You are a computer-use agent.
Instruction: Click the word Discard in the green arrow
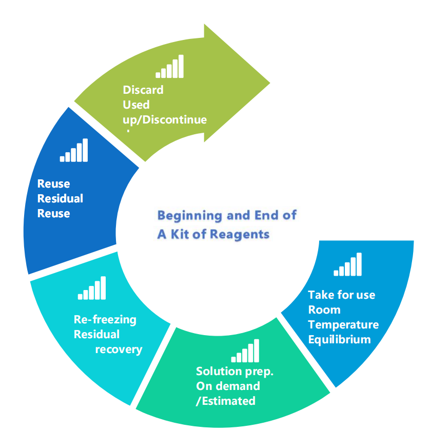pyautogui.click(x=143, y=90)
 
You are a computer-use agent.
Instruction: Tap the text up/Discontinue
pyautogui.click(x=165, y=120)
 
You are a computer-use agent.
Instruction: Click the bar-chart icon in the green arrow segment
pyautogui.click(x=169, y=67)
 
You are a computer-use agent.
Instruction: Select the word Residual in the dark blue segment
pyautogui.click(x=60, y=198)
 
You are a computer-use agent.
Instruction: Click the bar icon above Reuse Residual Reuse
pyautogui.click(x=74, y=150)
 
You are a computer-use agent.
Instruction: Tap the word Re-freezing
pyautogui.click(x=105, y=320)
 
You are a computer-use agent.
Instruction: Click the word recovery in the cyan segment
pyautogui.click(x=119, y=349)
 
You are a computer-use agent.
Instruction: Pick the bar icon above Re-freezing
pyautogui.click(x=92, y=288)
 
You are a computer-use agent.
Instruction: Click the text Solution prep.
pyautogui.click(x=234, y=372)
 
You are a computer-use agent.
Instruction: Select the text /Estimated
pyautogui.click(x=225, y=401)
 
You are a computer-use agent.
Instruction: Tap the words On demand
pyautogui.click(x=228, y=386)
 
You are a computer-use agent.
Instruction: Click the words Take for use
pyautogui.click(x=341, y=295)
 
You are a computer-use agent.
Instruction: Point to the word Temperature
pyautogui.click(x=343, y=324)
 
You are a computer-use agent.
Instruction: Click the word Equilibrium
pyautogui.click(x=339, y=339)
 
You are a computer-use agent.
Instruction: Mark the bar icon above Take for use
pyautogui.click(x=348, y=264)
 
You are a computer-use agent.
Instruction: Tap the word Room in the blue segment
pyautogui.click(x=324, y=310)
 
